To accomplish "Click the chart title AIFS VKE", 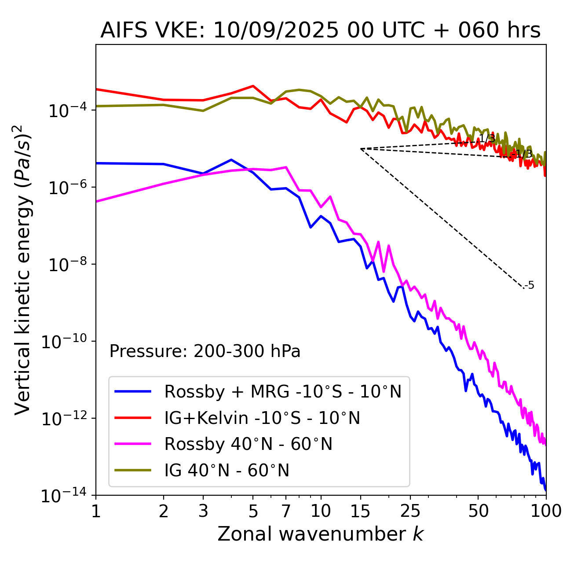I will pos(320,31).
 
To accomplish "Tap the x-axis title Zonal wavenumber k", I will pos(320,534).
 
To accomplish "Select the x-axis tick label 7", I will pos(286,511).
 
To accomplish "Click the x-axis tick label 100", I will pos(545,511).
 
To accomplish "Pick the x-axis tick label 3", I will pos(203,511).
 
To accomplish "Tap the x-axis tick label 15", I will pos(361,511).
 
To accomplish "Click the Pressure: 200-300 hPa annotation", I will pos(205,351).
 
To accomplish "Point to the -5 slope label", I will pos(530,286).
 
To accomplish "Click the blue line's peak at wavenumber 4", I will pos(231,159).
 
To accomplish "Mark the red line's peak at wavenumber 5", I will pos(253,86).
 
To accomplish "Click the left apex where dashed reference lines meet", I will pos(361,149).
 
